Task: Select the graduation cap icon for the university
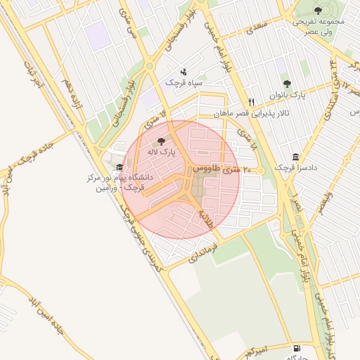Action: tap(120, 167)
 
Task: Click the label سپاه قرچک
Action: tap(184, 82)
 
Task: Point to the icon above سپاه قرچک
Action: tap(184, 72)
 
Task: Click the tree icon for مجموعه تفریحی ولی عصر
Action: tap(318, 11)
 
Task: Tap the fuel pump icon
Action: tap(297, 348)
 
